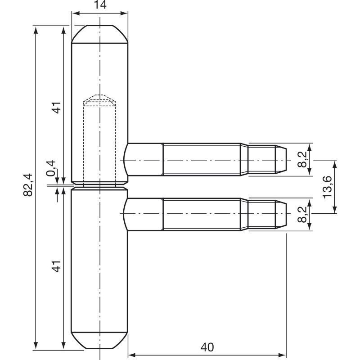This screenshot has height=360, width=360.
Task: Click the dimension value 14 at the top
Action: [100, 4]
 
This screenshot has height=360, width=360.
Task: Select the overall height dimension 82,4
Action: [28, 185]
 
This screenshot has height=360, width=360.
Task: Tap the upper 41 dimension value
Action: [57, 108]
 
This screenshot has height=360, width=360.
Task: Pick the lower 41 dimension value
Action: [57, 266]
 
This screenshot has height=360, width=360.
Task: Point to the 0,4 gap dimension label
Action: [51, 168]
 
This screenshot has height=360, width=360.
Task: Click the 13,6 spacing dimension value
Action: [328, 187]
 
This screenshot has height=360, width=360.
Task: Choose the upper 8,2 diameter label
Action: [302, 159]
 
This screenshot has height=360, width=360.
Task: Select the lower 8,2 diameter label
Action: [302, 215]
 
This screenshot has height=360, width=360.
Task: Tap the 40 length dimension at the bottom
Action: [207, 347]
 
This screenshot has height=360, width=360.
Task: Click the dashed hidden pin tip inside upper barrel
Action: [99, 100]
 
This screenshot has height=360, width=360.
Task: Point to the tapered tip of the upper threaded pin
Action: [281, 160]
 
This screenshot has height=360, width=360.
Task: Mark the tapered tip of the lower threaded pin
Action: [281, 215]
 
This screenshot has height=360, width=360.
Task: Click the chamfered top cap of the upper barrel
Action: [99, 34]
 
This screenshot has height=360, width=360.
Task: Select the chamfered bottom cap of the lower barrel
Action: [99, 341]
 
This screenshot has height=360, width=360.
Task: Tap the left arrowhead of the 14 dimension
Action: [75, 13]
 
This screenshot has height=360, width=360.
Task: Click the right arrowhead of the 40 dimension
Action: [283, 355]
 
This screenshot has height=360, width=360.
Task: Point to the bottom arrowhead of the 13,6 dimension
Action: [335, 210]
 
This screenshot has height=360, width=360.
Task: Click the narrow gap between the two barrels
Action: [99, 186]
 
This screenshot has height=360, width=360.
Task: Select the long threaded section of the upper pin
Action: [202, 160]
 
